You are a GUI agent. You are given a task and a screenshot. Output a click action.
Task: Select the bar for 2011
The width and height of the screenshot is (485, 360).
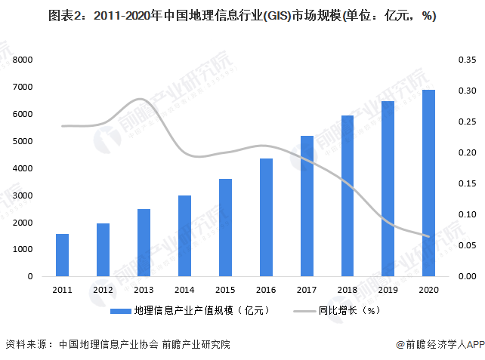[62, 255]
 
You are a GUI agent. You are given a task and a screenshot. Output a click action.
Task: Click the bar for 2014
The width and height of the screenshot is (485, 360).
[184, 235]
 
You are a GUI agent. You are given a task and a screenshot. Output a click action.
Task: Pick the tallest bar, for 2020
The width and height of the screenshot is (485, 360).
[428, 183]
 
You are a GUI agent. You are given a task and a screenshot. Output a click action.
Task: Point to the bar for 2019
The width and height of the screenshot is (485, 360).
[388, 189]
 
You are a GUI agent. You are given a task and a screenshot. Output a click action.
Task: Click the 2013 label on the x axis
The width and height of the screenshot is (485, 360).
[144, 290]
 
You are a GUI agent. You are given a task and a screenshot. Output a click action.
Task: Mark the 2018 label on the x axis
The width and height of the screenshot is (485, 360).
[347, 290]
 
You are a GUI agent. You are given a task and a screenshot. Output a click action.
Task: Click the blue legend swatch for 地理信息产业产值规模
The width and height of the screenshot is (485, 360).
[119, 310]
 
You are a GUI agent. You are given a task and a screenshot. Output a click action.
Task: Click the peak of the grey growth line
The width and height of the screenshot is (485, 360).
[141, 99]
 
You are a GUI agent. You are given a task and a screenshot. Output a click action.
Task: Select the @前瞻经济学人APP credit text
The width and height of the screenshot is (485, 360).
[434, 344]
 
